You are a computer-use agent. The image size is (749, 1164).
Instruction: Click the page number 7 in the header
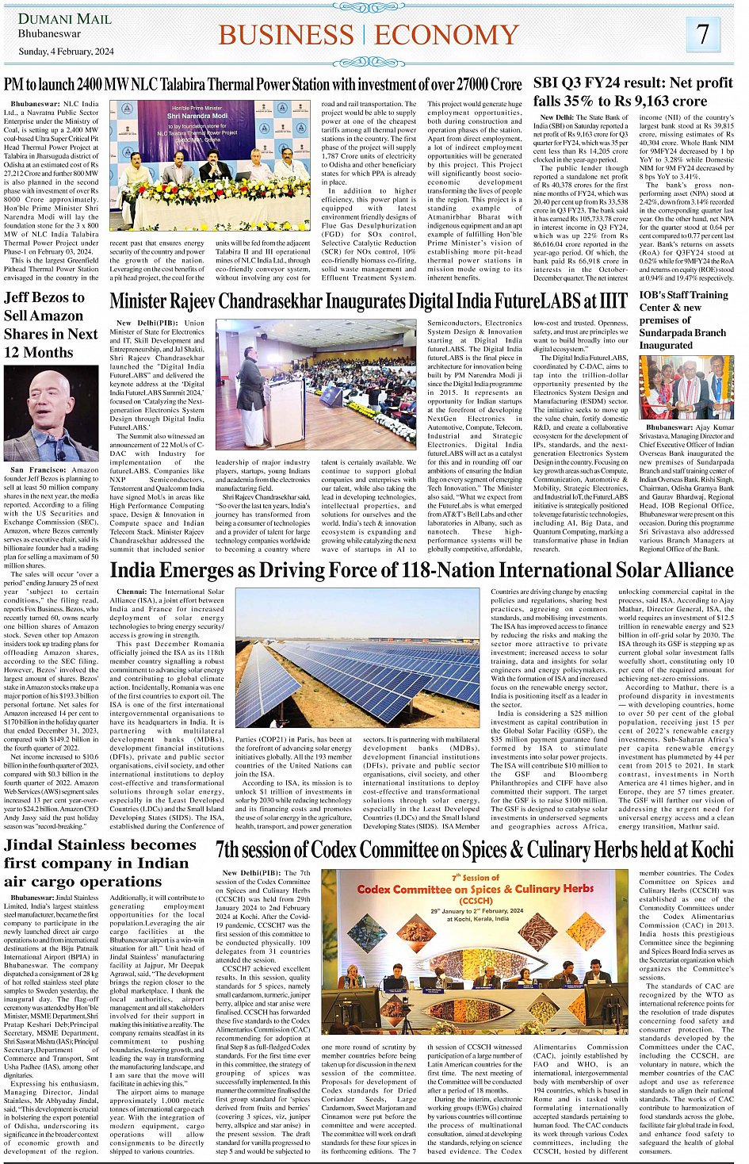coord(703,35)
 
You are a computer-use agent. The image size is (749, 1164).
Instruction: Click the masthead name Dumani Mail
coord(65,19)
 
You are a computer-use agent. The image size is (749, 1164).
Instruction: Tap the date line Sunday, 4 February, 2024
coord(66,52)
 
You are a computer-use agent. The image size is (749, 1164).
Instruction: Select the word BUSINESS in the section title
coord(286,36)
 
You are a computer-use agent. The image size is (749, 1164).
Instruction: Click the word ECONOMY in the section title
coord(446,36)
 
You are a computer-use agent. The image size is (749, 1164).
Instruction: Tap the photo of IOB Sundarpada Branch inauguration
coord(686,387)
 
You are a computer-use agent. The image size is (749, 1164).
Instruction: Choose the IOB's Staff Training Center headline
coord(683,320)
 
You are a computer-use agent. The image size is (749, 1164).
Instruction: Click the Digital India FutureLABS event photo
coord(315,385)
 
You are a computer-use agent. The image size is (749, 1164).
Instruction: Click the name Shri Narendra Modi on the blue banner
coord(197,115)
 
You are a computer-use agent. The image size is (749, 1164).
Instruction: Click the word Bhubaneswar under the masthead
coord(49,34)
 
